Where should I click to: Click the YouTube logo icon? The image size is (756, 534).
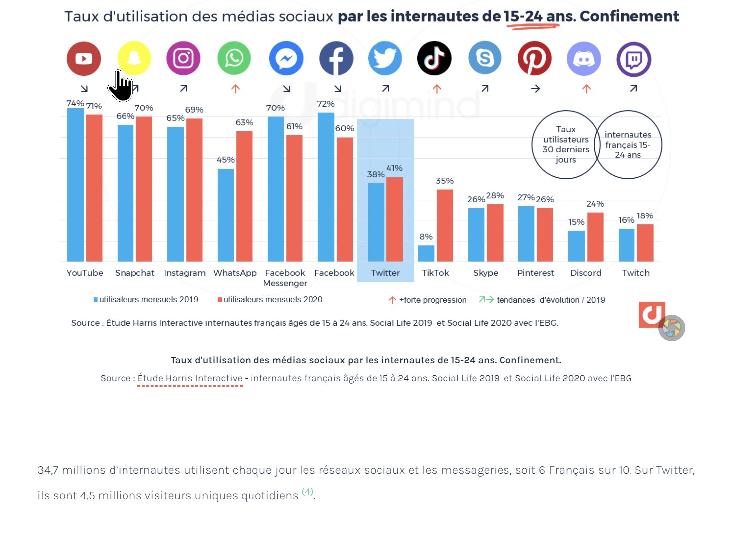(84, 59)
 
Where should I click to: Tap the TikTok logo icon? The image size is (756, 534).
(434, 59)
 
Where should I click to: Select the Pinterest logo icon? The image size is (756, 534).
(534, 59)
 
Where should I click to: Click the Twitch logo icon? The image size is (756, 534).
(633, 59)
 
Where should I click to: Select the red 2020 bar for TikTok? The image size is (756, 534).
(445, 225)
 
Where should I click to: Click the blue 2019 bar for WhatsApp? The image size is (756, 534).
(226, 215)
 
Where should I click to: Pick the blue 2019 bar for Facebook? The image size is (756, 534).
(326, 187)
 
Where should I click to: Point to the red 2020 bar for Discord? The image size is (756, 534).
(595, 236)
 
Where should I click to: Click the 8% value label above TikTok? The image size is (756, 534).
(426, 237)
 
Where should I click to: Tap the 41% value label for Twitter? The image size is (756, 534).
(394, 168)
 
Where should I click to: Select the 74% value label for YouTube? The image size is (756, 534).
(75, 103)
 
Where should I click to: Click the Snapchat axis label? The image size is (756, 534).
(134, 273)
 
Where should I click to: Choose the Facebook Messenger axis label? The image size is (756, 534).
(285, 278)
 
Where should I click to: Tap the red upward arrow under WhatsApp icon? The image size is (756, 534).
(235, 89)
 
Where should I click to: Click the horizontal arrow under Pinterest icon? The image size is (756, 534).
(535, 89)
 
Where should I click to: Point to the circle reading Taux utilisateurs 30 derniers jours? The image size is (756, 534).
(566, 144)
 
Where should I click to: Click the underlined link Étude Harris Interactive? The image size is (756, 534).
(190, 378)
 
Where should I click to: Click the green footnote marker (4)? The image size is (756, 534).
(307, 492)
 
